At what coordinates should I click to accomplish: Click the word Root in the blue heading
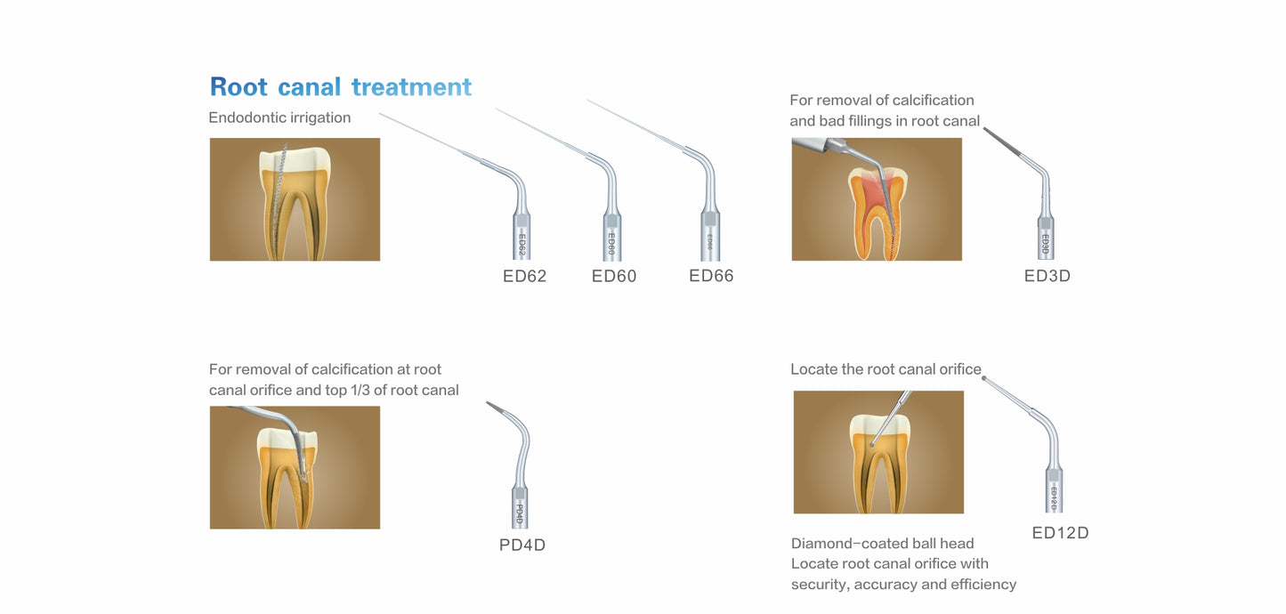point(239,87)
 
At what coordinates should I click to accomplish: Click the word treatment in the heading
point(411,87)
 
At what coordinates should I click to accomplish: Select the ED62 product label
point(524,276)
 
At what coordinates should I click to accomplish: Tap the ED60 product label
point(614,276)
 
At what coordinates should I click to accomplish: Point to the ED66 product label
point(711,276)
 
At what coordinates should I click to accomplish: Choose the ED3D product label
point(1047,276)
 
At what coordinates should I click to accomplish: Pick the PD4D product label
point(522,545)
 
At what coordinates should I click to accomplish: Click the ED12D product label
point(1060,533)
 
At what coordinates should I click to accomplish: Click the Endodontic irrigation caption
point(279,117)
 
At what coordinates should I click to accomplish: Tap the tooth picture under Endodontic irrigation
point(295,199)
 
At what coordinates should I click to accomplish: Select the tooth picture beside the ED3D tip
point(877,199)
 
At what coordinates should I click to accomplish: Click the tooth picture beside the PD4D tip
point(295,467)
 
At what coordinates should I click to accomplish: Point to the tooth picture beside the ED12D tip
point(878,452)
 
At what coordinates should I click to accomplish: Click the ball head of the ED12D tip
point(984,378)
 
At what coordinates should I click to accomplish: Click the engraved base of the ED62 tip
point(522,242)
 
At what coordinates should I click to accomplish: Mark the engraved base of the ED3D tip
point(1046,243)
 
